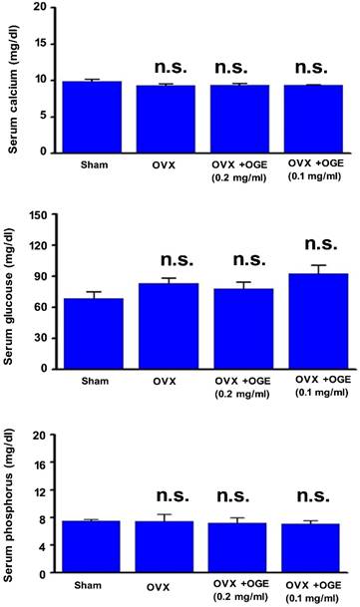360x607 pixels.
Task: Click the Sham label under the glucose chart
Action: tap(93, 381)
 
